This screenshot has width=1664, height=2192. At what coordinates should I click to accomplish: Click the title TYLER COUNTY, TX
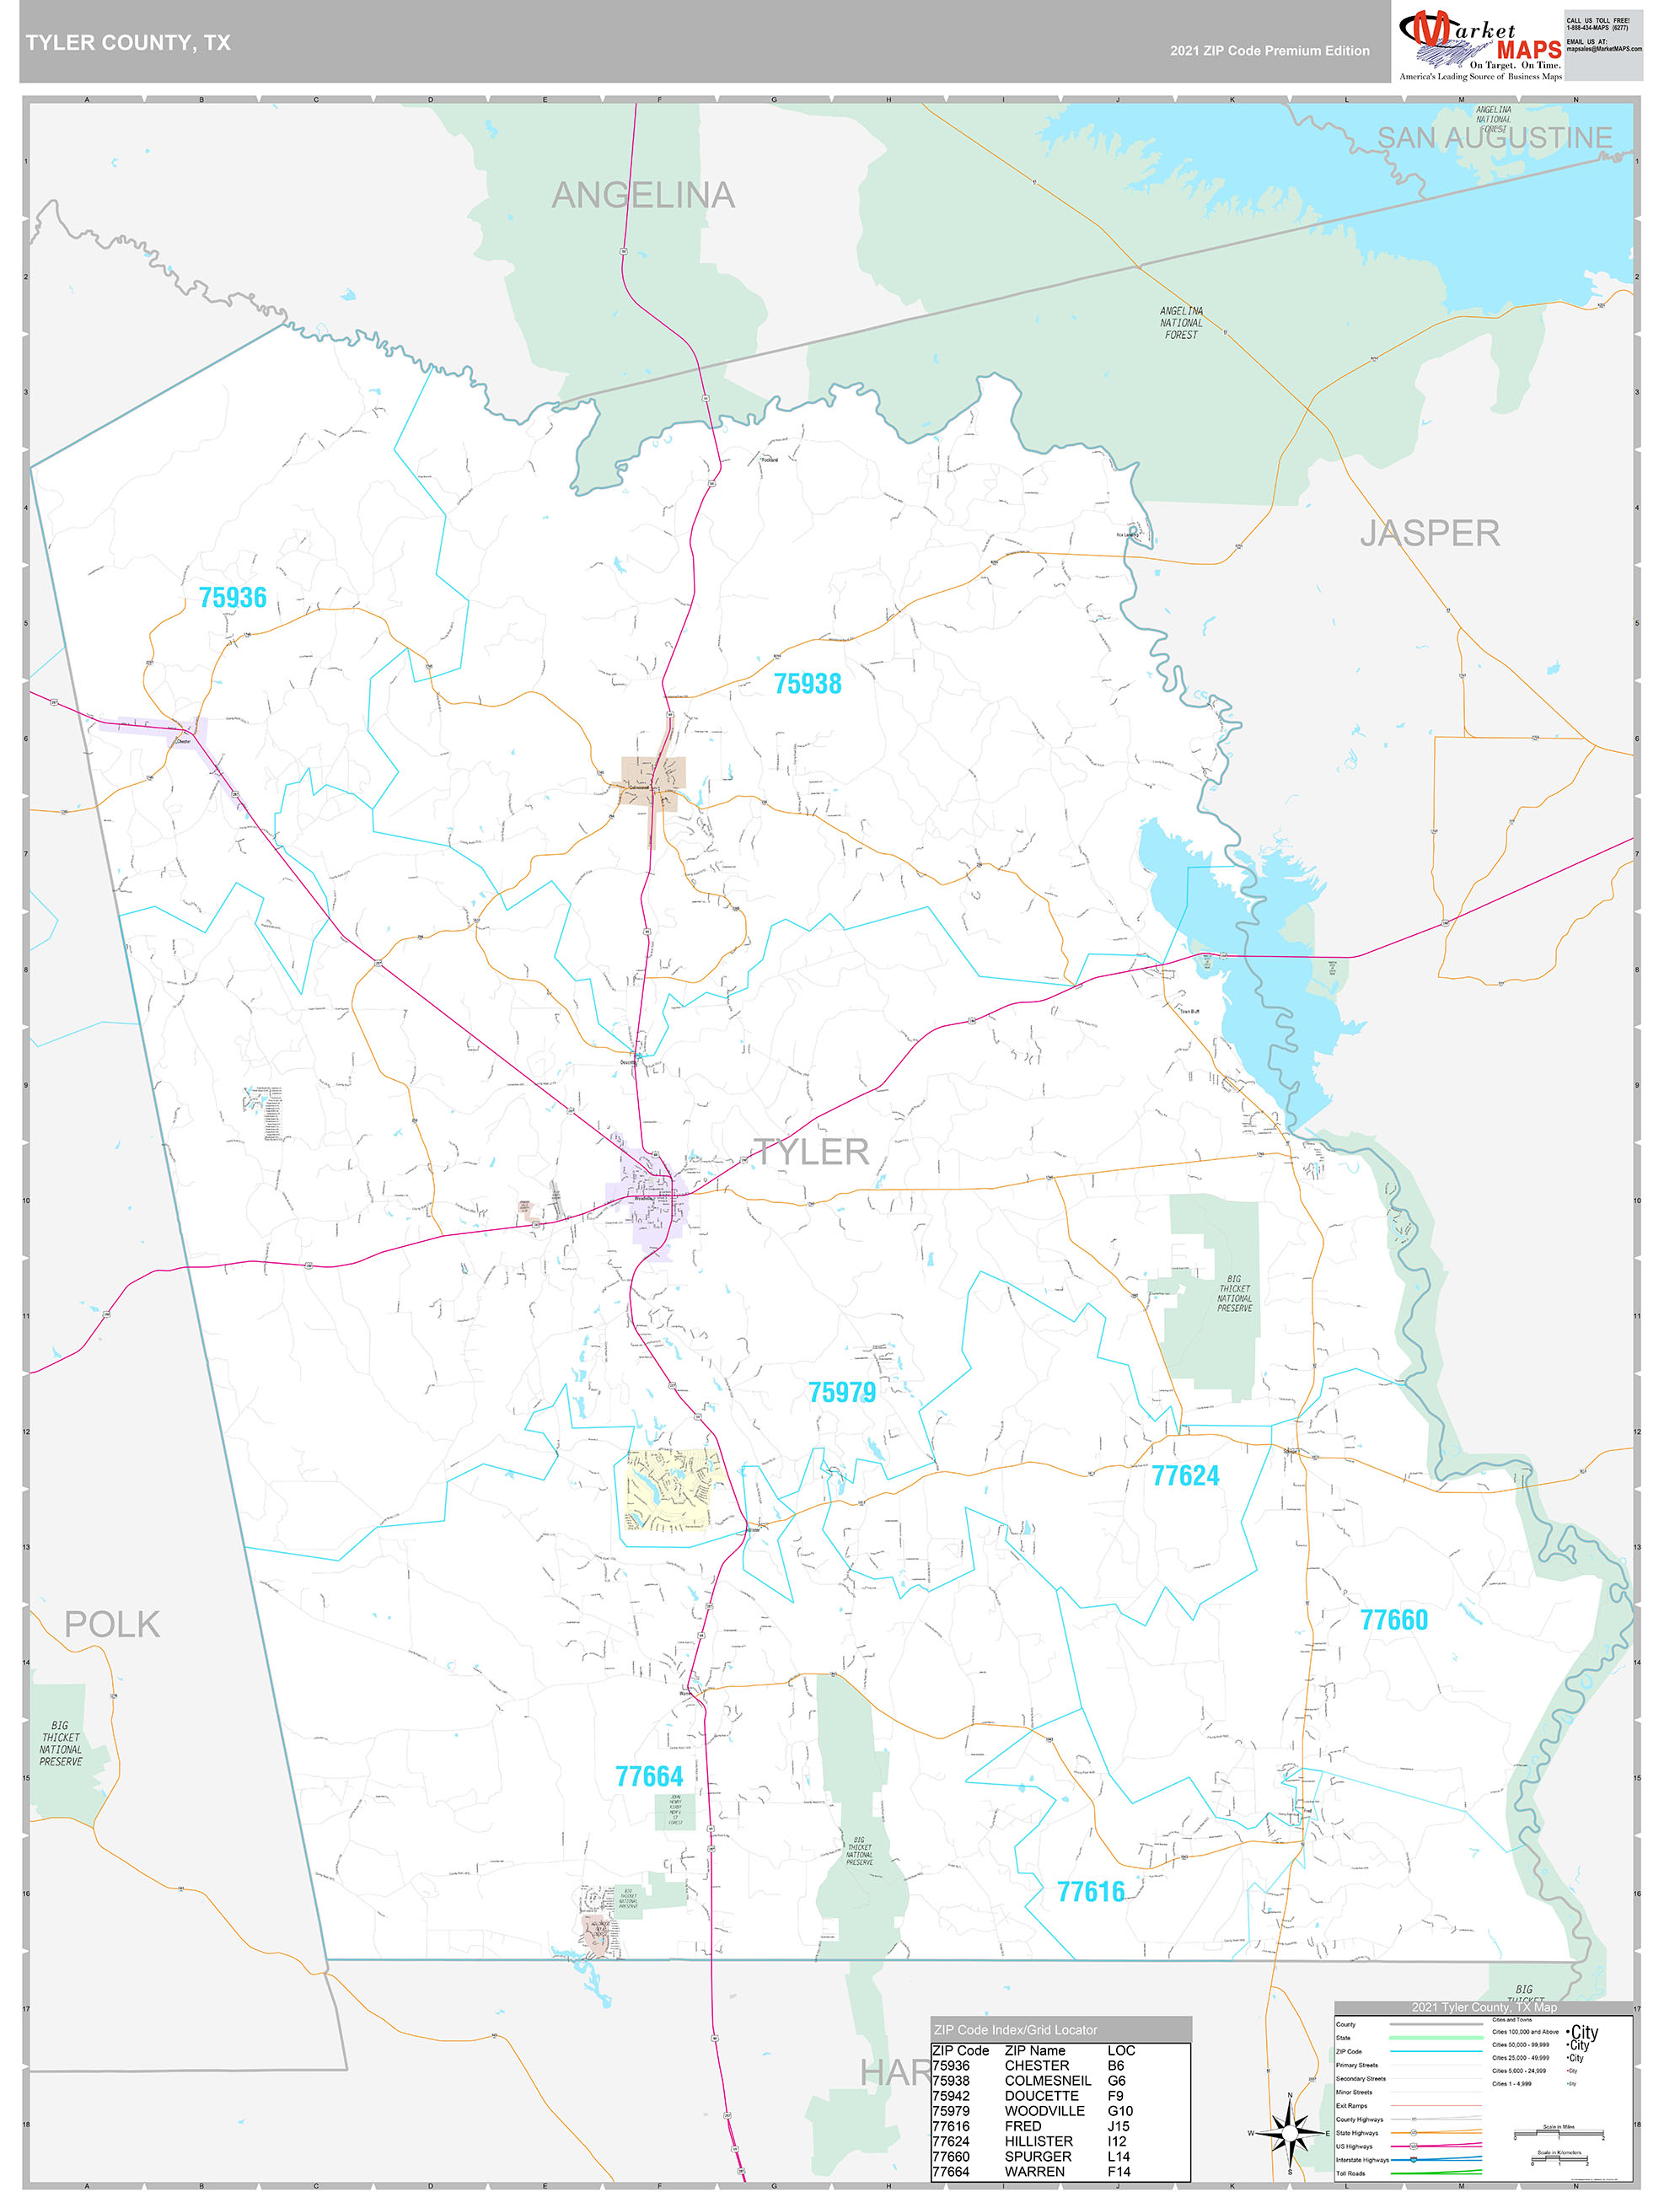128,43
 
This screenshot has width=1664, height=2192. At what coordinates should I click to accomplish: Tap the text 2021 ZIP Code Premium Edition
1269,51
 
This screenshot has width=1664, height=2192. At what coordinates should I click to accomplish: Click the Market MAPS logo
1479,45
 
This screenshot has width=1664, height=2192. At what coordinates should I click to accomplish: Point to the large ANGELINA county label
643,196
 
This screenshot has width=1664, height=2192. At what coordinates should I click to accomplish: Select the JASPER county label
1428,533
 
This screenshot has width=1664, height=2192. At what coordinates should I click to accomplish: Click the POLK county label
112,1624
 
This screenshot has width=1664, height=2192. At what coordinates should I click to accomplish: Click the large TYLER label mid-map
811,1152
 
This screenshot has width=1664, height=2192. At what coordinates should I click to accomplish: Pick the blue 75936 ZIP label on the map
233,598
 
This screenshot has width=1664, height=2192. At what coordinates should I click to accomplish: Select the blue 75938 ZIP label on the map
807,684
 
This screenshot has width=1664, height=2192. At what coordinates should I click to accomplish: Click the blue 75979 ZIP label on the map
841,1392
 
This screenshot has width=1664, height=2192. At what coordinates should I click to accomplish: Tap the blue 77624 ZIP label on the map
1184,1475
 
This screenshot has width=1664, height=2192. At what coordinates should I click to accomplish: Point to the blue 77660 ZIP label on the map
1393,1620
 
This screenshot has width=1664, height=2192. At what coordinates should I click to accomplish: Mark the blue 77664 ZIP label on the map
649,1776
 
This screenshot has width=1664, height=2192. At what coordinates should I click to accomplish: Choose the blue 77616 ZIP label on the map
1090,1892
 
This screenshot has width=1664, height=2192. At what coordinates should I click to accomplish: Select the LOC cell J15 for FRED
1118,2125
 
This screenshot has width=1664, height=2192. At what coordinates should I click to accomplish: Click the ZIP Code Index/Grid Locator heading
1015,2030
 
